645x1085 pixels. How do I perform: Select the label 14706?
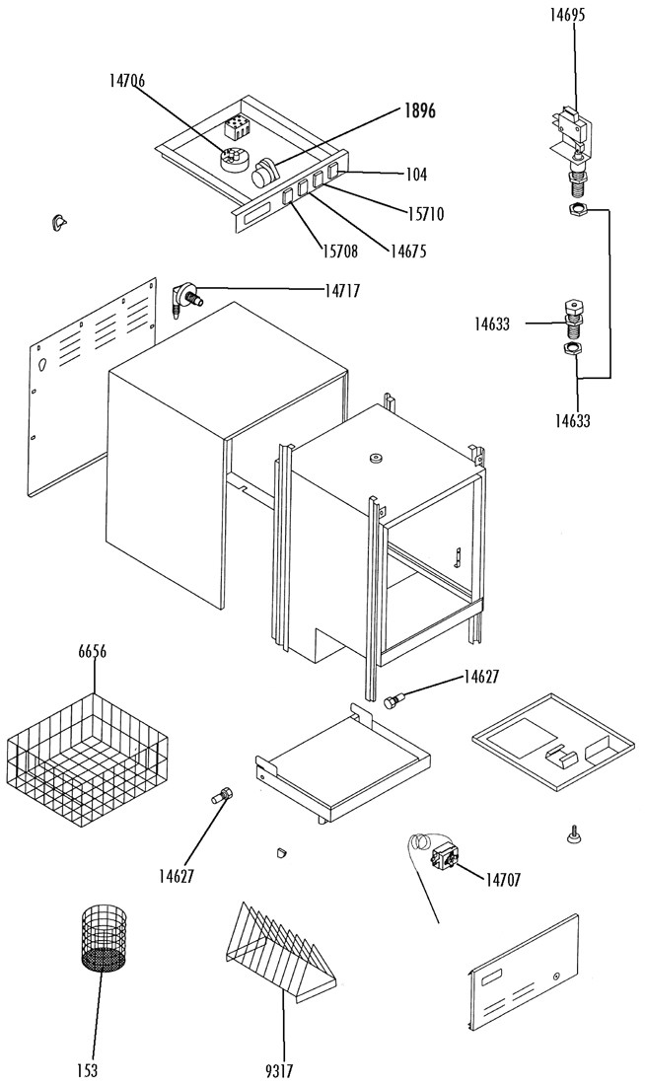point(126,80)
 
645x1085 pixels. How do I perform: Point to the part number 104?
point(415,175)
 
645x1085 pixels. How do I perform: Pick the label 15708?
point(339,252)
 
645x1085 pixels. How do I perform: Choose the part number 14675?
point(407,251)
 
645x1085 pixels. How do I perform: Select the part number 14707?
point(502,880)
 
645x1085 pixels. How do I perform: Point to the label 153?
point(88,1070)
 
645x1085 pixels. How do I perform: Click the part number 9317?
point(279,1071)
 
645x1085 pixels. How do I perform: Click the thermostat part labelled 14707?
point(443,860)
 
